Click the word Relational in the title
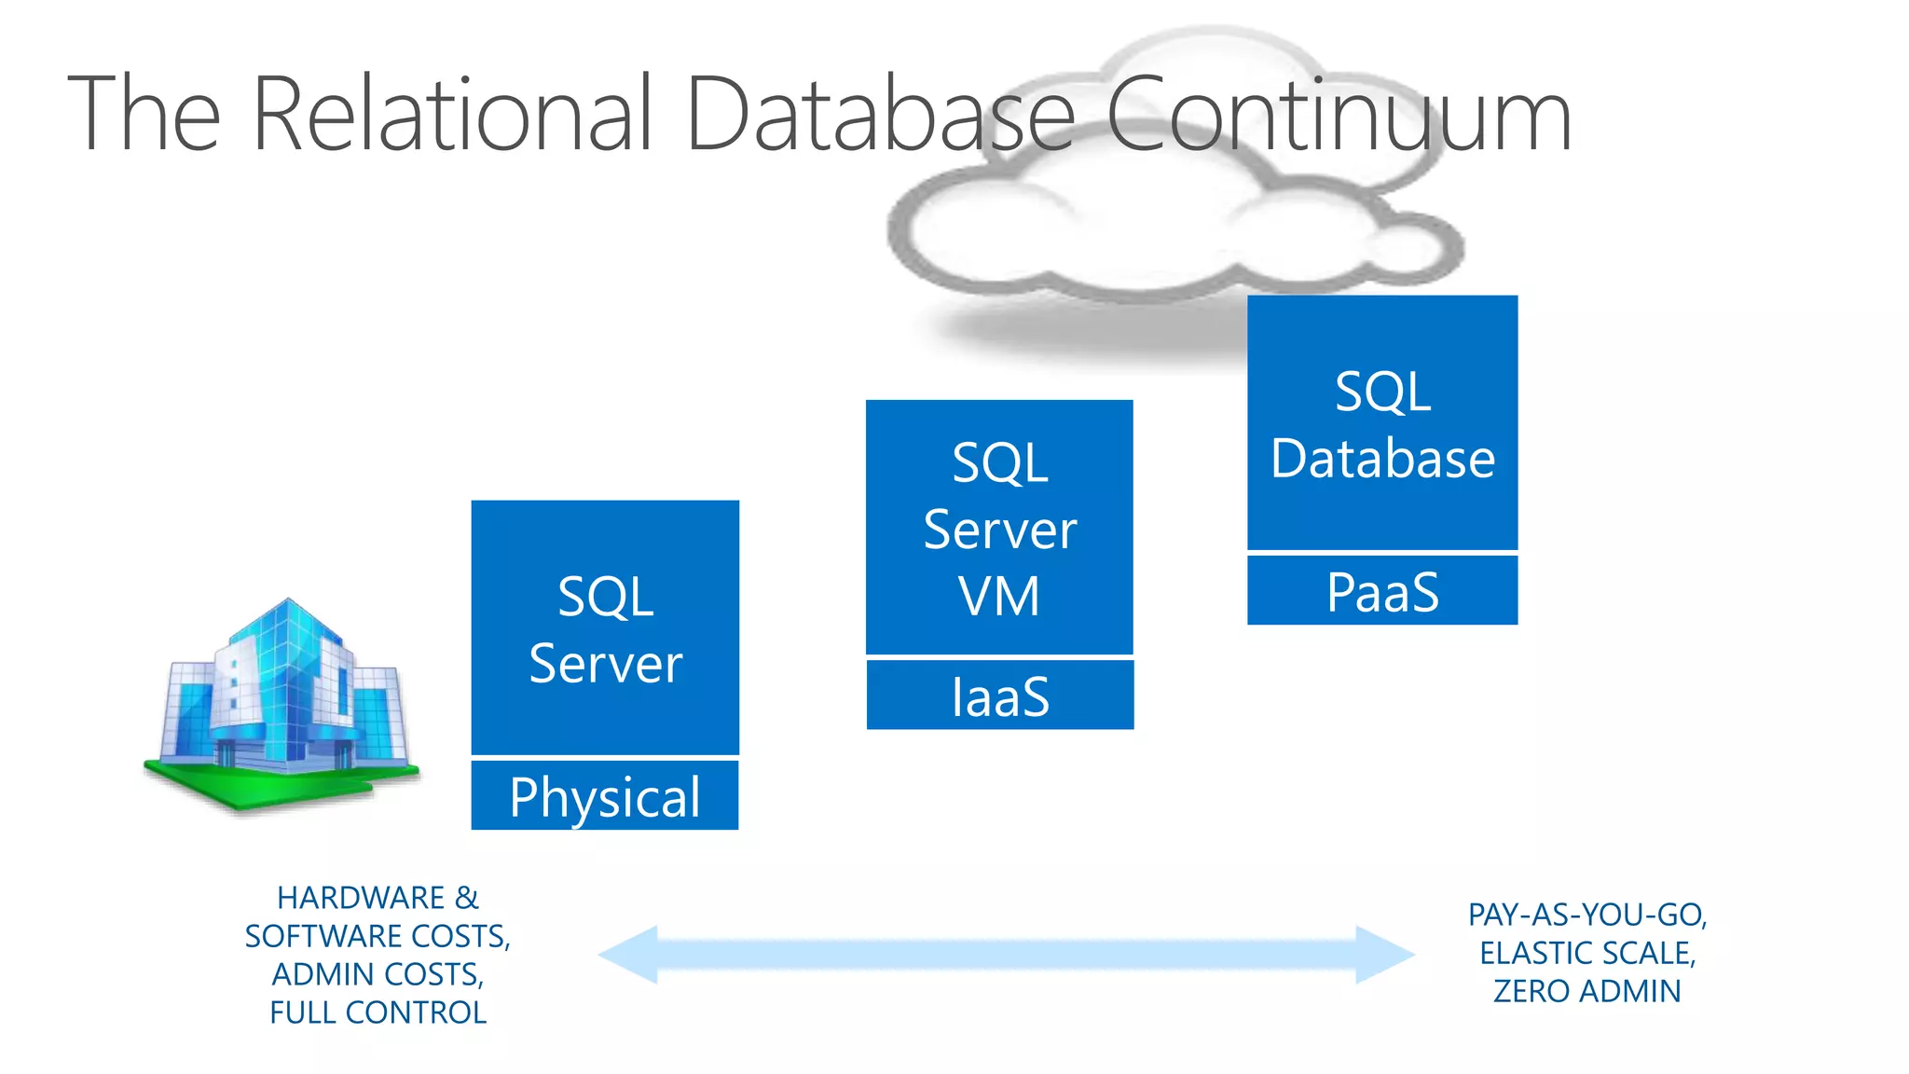pyautogui.click(x=451, y=114)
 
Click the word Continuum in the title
pyautogui.click(x=1339, y=114)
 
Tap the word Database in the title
pyautogui.click(x=880, y=114)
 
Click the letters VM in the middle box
pyautogui.click(x=999, y=597)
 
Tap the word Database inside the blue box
pyautogui.click(x=1382, y=459)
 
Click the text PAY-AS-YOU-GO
pyautogui.click(x=1586, y=915)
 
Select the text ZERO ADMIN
pyautogui.click(x=1586, y=991)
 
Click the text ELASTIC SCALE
pyautogui.click(x=1586, y=953)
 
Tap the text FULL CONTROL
pyautogui.click(x=378, y=1012)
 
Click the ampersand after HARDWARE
pyautogui.click(x=466, y=898)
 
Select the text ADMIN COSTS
pyautogui.click(x=378, y=974)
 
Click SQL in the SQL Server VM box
pyautogui.click(x=999, y=463)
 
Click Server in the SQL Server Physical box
pyautogui.click(x=605, y=664)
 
